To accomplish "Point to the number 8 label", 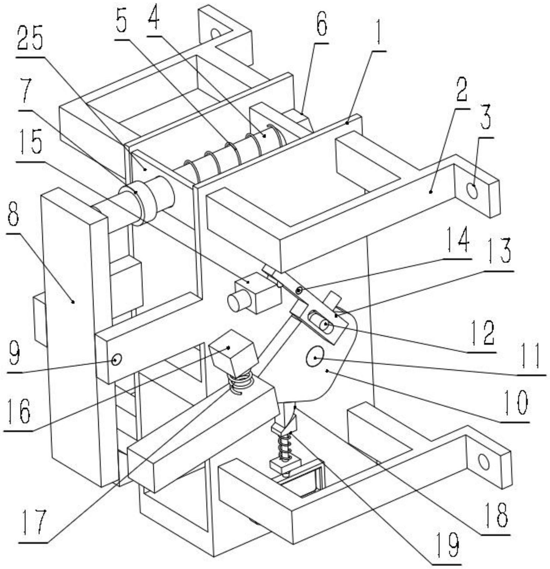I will [13, 215].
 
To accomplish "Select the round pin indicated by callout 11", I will [314, 357].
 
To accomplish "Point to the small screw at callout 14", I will [299, 291].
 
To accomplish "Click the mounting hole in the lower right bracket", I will [484, 463].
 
